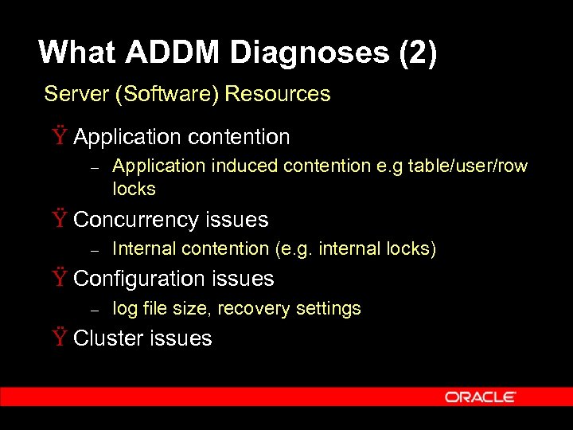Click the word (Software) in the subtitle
point(167,94)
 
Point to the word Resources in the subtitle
point(278,94)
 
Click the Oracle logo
point(481,397)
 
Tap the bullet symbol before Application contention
point(60,137)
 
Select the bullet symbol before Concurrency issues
point(60,220)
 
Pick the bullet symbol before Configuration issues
point(60,279)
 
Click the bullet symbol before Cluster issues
point(60,338)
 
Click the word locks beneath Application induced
point(134,190)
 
